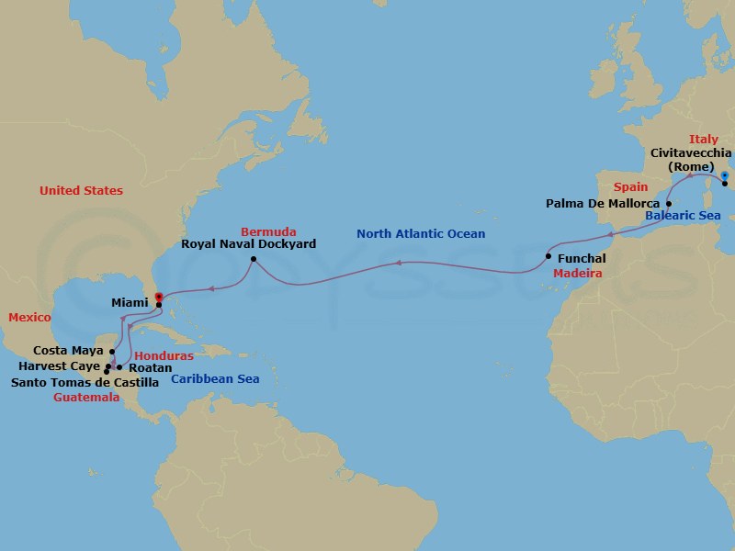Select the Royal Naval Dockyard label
tap(249, 245)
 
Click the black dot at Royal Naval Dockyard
tap(253, 259)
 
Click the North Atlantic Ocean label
tap(421, 234)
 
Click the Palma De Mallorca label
tap(602, 203)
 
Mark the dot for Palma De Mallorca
tap(669, 203)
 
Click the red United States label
tap(81, 190)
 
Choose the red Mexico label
tap(29, 317)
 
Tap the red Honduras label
tap(163, 354)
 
